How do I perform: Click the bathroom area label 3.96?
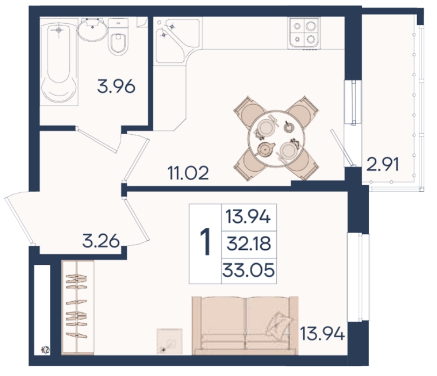click(x=116, y=86)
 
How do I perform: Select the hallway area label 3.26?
click(x=101, y=241)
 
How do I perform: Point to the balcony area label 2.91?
click(x=382, y=164)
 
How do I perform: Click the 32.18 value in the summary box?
click(x=249, y=243)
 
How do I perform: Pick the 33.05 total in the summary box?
click(x=248, y=270)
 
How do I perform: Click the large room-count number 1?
click(x=206, y=241)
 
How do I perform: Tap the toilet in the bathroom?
click(x=118, y=37)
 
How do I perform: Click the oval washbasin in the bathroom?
click(x=92, y=30)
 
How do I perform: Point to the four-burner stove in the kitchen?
click(x=304, y=33)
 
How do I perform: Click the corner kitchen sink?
click(x=177, y=41)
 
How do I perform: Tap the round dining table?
click(x=276, y=139)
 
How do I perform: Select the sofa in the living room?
click(x=245, y=326)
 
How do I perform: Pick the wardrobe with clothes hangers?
click(x=77, y=307)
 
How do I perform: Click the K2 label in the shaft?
click(x=46, y=350)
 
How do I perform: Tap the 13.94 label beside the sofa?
click(x=323, y=334)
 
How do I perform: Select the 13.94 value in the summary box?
click(x=248, y=217)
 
